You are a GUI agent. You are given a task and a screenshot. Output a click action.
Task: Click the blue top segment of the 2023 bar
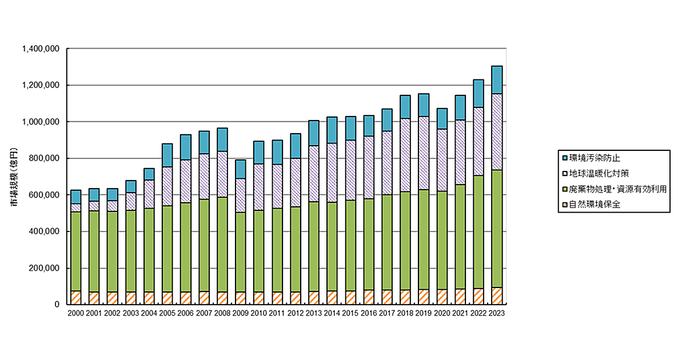coord(497,79)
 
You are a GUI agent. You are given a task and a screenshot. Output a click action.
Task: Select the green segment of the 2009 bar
coord(241,251)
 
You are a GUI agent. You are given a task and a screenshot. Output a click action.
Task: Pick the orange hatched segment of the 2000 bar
coord(76,297)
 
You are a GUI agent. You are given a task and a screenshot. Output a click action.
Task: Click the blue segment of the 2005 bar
coord(167,155)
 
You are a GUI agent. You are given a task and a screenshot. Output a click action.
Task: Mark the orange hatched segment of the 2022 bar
coord(478,296)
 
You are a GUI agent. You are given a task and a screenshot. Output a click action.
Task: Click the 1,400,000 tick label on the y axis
coord(41,49)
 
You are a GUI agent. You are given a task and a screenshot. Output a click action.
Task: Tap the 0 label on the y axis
coord(57,305)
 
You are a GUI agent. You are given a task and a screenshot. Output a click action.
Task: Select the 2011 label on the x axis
coord(277,313)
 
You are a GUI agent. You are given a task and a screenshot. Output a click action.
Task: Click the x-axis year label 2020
coord(442,313)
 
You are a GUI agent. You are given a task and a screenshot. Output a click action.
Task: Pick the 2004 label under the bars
coord(149,313)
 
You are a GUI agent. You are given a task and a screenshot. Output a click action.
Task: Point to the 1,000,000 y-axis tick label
coord(41,122)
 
